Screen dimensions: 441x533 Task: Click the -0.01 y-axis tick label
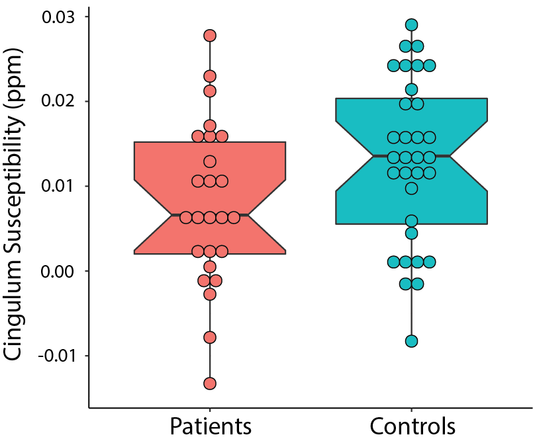[59, 356]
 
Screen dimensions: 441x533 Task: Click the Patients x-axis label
[211, 425]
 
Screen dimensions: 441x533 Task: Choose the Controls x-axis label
[412, 425]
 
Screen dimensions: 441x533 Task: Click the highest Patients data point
[210, 35]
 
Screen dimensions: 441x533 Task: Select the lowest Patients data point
[210, 383]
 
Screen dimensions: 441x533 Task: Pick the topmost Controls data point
[411, 25]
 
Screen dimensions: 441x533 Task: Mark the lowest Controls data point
[411, 341]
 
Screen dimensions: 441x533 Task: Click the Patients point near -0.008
[210, 337]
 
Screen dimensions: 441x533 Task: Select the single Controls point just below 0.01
[411, 188]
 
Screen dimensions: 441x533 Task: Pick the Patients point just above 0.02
[210, 91]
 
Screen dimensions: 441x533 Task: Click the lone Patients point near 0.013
[210, 161]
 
